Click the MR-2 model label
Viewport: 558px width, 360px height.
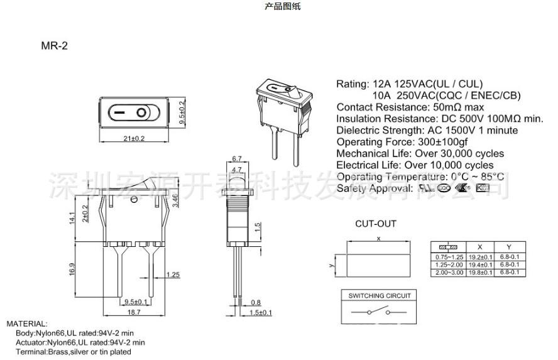pos(54,46)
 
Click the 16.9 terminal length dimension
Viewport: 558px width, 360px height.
pos(73,269)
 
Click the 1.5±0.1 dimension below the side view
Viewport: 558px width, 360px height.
pos(263,312)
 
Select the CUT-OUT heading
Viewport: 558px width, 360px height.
pos(376,224)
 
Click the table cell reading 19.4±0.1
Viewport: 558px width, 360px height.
pos(480,265)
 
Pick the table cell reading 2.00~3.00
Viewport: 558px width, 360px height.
pos(449,273)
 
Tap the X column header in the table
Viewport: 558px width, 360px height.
pos(480,247)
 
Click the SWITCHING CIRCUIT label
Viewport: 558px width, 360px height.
pos(380,295)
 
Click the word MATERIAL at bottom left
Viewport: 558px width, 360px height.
pos(27,323)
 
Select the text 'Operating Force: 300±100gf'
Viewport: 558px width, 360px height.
pos(400,141)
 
